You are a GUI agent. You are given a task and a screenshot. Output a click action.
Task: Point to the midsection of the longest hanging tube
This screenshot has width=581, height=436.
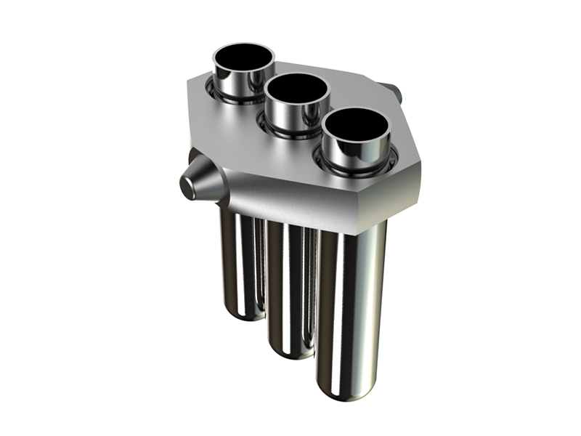(x=352, y=305)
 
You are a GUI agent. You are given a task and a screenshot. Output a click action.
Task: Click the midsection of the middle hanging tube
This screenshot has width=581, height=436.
(x=290, y=283)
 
